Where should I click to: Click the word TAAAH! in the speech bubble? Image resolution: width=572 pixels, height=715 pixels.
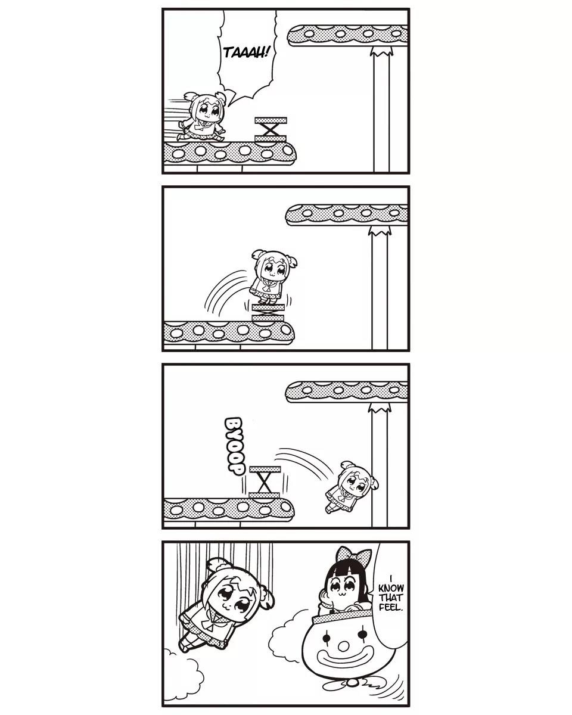pyautogui.click(x=245, y=52)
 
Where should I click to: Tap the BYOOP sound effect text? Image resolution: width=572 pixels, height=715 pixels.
pyautogui.click(x=234, y=446)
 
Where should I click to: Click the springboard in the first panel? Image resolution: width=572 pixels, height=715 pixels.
pyautogui.click(x=271, y=129)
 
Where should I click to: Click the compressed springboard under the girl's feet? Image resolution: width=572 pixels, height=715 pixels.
pyautogui.click(x=268, y=313)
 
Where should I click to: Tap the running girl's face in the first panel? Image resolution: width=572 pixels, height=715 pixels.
pyautogui.click(x=208, y=111)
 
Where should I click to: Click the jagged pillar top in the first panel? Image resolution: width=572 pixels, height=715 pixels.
pyautogui.click(x=382, y=51)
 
